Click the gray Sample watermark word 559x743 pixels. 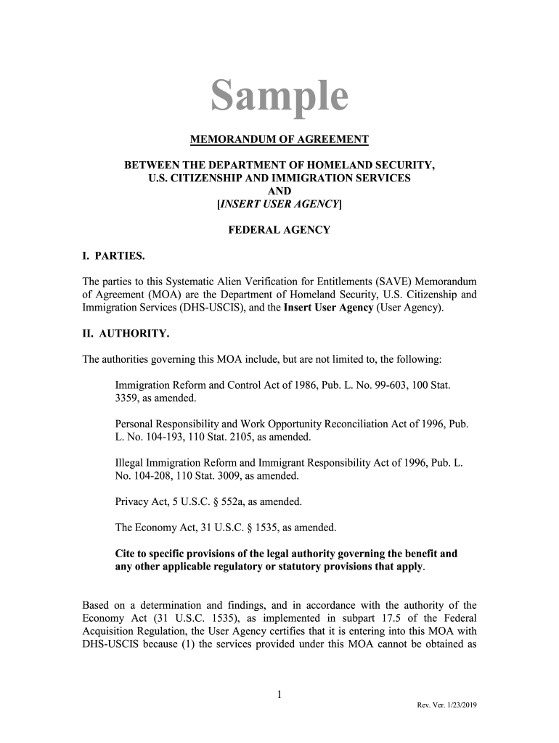click(279, 97)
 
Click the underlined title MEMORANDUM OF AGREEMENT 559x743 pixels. click(279, 139)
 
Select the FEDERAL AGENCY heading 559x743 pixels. click(279, 230)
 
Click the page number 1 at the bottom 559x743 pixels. click(279, 696)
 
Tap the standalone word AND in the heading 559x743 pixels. click(279, 192)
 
